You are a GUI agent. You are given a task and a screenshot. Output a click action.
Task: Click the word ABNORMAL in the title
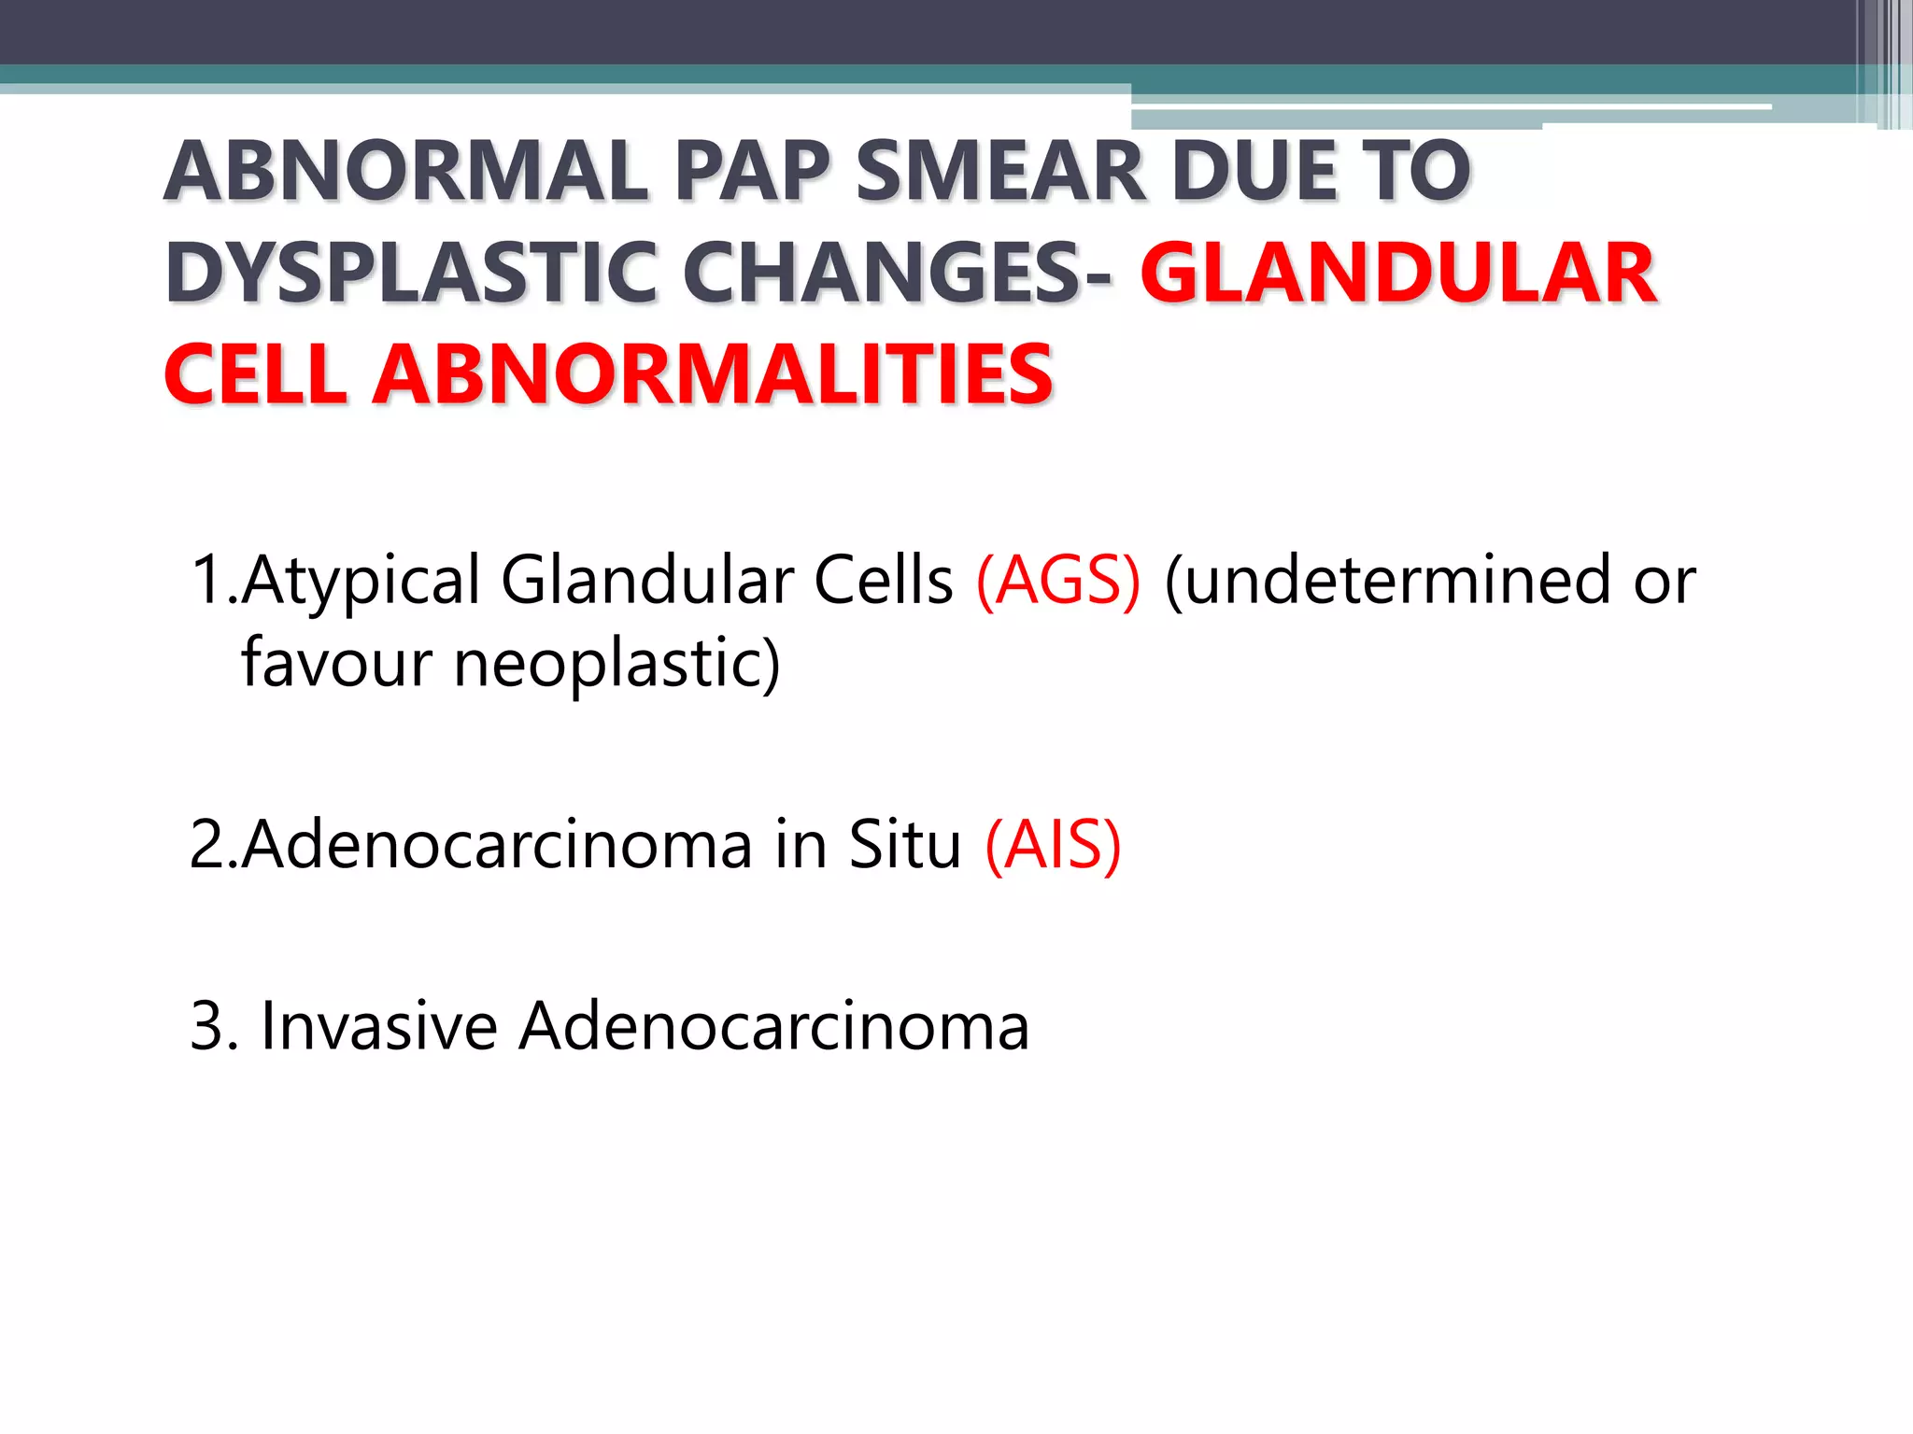(x=406, y=172)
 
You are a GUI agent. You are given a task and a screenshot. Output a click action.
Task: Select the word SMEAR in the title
(x=1000, y=172)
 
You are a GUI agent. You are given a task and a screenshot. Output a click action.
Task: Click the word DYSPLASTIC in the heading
(x=412, y=273)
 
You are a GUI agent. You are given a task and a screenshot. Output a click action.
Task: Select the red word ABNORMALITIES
(x=714, y=374)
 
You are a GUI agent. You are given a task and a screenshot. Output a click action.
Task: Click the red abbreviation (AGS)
(x=1058, y=581)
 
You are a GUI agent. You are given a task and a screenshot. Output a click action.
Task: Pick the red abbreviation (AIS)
(x=1053, y=845)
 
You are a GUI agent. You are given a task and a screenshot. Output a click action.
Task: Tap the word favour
(x=336, y=663)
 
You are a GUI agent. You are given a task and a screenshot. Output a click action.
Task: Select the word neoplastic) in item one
(x=616, y=663)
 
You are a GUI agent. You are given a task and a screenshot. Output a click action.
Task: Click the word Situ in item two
(x=904, y=845)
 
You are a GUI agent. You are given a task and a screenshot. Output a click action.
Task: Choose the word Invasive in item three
(x=378, y=1026)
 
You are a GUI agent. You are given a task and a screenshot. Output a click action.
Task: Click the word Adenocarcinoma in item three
(x=774, y=1026)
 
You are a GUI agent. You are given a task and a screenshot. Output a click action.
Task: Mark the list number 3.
(x=207, y=1026)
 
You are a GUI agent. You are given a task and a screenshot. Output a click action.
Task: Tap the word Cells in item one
(x=884, y=581)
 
